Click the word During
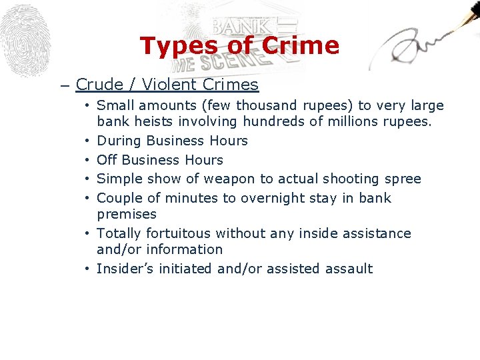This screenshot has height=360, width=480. [119, 141]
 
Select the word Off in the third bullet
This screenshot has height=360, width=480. [107, 160]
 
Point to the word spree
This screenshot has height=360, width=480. [403, 179]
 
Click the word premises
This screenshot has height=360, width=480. [127, 215]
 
